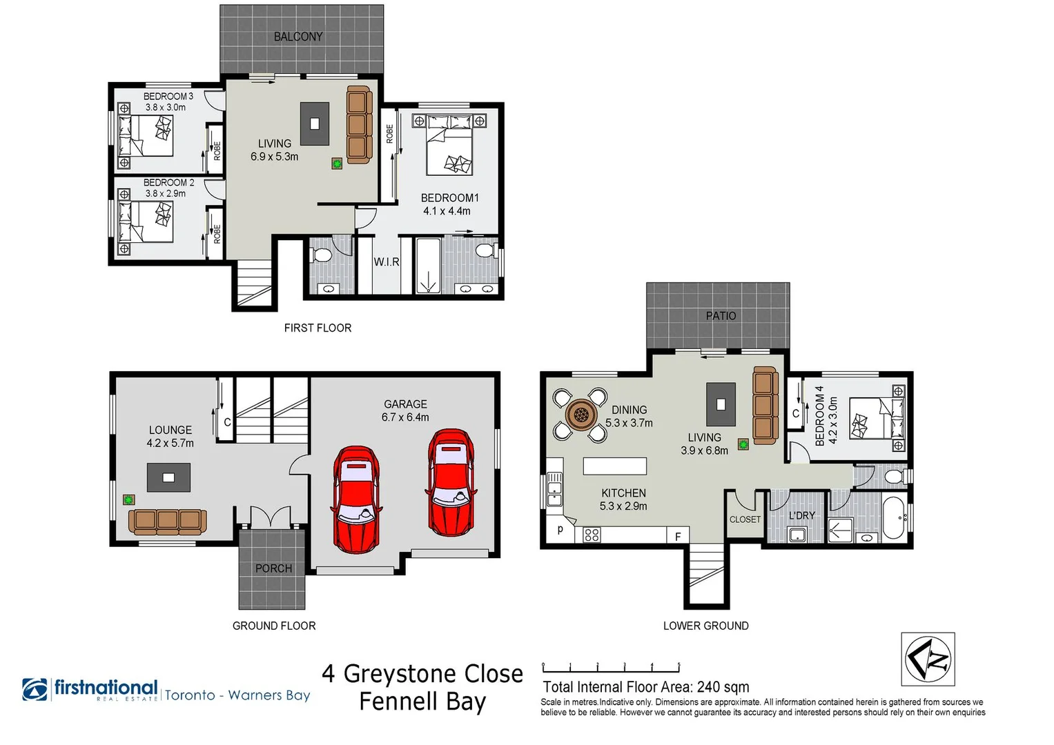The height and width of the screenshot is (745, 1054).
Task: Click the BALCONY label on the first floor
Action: coord(297,37)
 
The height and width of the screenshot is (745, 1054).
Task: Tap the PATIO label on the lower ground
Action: coord(721,315)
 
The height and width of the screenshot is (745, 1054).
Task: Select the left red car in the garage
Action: coord(357,499)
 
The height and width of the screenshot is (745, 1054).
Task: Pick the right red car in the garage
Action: coord(451,482)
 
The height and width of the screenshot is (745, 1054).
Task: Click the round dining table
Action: coord(580,415)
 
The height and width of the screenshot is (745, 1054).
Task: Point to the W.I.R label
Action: coord(387,262)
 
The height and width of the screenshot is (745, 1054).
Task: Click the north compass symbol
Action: coord(928,659)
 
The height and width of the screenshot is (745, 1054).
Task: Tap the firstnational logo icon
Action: coord(35,689)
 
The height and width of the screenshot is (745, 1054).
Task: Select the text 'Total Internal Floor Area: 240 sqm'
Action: coord(645,687)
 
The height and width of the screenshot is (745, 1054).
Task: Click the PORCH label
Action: coord(273,568)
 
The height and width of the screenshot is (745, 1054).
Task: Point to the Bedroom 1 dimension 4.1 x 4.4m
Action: coord(447,211)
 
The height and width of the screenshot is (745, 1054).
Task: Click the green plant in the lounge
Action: coord(128,499)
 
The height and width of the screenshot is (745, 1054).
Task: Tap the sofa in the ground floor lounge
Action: coord(168,521)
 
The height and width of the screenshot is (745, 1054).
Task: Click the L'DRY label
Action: coord(802,515)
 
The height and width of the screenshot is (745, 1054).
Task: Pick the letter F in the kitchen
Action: coord(678,536)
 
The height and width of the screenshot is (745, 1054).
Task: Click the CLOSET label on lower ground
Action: coord(745,519)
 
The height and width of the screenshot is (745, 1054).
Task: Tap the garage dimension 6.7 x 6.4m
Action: coord(405,417)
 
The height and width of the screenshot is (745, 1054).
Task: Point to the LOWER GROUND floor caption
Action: coord(705,626)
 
